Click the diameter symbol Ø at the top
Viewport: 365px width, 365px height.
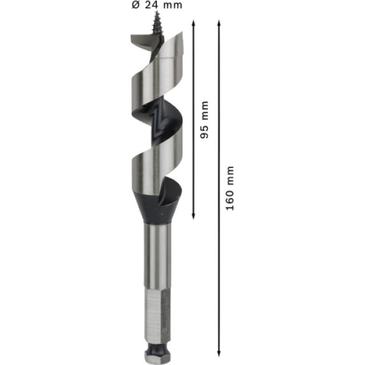tap(136, 5)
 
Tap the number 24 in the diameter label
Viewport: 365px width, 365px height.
tap(152, 5)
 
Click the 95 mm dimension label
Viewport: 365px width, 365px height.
tap(204, 120)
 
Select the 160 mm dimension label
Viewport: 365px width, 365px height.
tap(230, 188)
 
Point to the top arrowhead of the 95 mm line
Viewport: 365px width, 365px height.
tap(193, 23)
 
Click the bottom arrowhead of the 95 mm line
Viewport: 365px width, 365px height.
tap(193, 216)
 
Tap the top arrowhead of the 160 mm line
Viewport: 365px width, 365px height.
tap(219, 23)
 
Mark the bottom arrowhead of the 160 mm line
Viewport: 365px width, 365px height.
tap(219, 354)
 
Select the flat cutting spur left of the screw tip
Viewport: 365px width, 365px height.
tap(141, 42)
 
